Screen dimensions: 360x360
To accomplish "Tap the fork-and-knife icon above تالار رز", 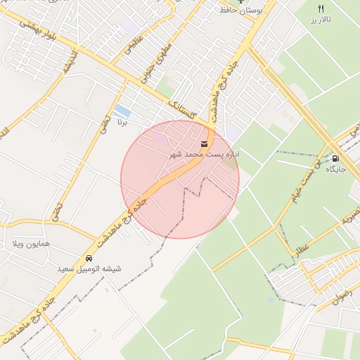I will pos(321,9).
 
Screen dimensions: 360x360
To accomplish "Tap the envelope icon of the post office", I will pos(205,143).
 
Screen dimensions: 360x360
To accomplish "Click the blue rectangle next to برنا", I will pos(122,110).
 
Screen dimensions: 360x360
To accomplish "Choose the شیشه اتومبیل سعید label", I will pos(90,269).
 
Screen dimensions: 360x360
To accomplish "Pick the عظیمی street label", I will pos(131,46).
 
